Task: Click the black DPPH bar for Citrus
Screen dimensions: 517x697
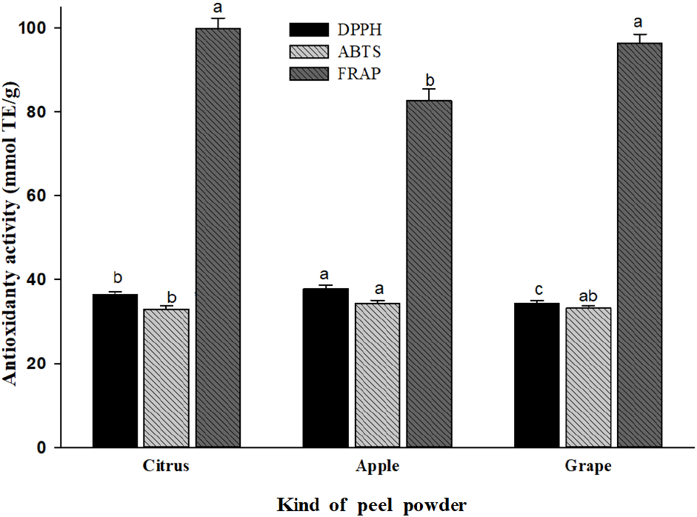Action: [x=115, y=370]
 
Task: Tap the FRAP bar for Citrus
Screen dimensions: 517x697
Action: [x=218, y=237]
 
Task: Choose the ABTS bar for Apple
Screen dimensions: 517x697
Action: [x=377, y=375]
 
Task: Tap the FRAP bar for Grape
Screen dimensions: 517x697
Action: [x=640, y=245]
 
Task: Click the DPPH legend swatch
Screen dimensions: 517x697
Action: [x=307, y=30]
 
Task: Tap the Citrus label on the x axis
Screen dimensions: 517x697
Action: [x=166, y=467]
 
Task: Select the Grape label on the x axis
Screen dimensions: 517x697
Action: [x=589, y=467]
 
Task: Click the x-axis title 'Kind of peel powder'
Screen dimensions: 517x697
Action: [x=372, y=505]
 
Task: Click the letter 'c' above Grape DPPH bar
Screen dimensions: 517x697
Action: [x=537, y=288]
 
